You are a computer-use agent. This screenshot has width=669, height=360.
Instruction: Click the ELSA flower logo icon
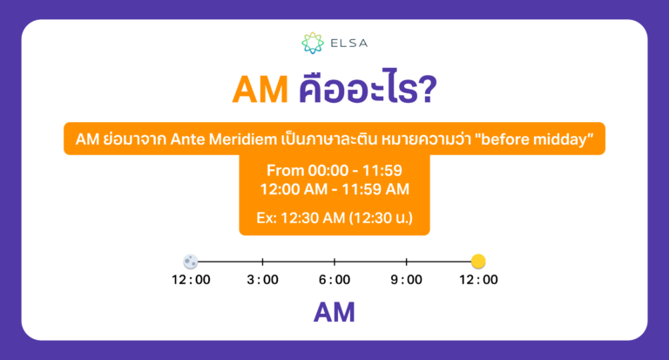pos(312,42)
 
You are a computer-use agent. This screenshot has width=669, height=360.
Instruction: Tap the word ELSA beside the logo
pos(346,42)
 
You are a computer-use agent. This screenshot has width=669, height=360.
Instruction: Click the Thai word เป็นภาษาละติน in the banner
pos(343,139)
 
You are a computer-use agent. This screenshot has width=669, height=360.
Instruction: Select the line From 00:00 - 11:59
pos(334,170)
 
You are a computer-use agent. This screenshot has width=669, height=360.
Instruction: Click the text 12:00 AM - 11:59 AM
pos(334,188)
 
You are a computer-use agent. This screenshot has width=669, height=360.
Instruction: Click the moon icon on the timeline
pos(191,261)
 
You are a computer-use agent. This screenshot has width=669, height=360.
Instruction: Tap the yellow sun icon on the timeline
pos(478,261)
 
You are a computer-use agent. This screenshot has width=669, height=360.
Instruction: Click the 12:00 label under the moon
pos(191,280)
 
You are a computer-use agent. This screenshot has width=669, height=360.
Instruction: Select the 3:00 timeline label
pos(262,280)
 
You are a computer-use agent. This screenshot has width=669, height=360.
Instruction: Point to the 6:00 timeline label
pos(334,280)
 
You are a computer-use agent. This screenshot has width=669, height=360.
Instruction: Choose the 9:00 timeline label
pos(407,280)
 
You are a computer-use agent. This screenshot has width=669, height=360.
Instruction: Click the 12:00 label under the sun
pos(478,280)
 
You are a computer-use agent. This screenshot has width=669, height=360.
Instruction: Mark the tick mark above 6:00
pos(334,261)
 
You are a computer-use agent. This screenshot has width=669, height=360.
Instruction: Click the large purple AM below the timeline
pos(334,312)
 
